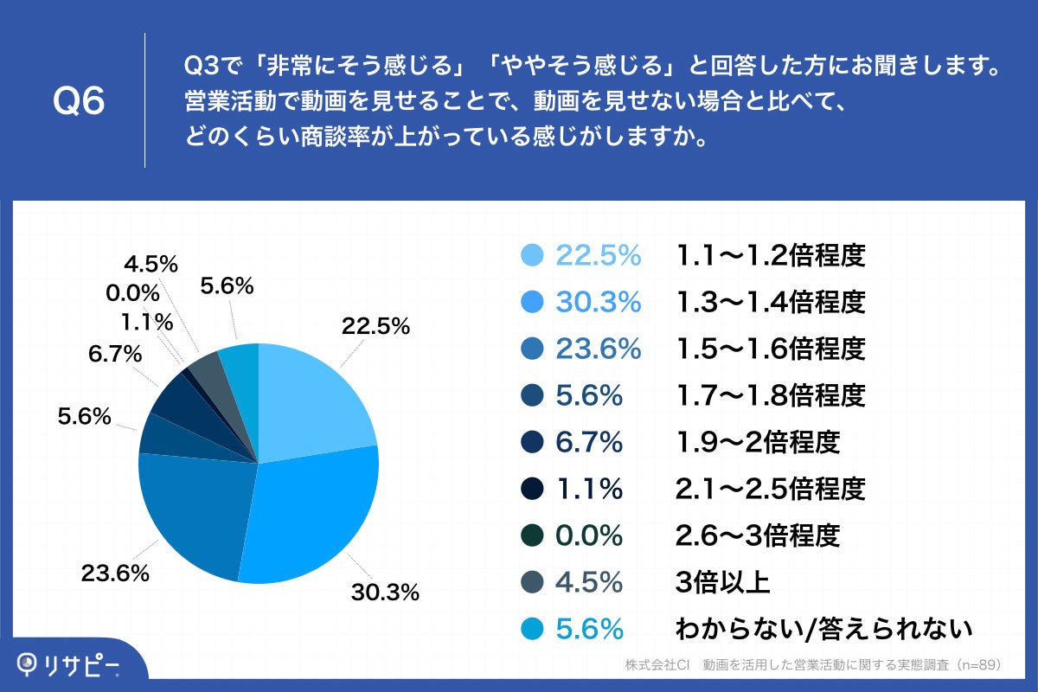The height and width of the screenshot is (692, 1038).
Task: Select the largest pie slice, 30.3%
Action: click(x=311, y=515)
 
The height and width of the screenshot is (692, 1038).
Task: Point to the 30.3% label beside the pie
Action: click(x=385, y=593)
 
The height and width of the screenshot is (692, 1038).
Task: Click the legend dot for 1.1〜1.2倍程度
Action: click(x=533, y=255)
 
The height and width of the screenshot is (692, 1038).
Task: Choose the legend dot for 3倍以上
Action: click(x=533, y=583)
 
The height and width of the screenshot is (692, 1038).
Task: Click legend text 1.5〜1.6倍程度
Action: click(x=770, y=349)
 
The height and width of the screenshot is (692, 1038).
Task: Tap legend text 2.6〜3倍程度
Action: click(x=757, y=536)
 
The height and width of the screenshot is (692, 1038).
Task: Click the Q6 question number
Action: click(x=79, y=102)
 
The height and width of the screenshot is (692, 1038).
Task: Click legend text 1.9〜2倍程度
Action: click(x=757, y=443)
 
